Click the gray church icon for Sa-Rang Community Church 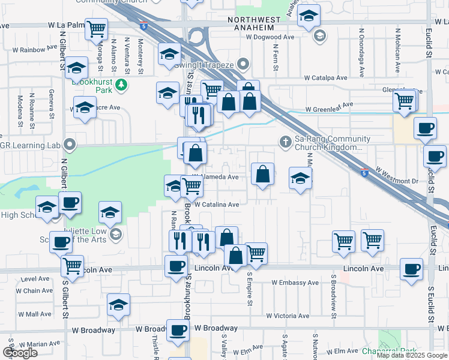[286, 142]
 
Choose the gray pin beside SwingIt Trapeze [243, 63]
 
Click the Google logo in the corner [20, 352]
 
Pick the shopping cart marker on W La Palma [96, 28]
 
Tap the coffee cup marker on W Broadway [177, 329]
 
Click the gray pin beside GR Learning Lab [70, 144]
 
